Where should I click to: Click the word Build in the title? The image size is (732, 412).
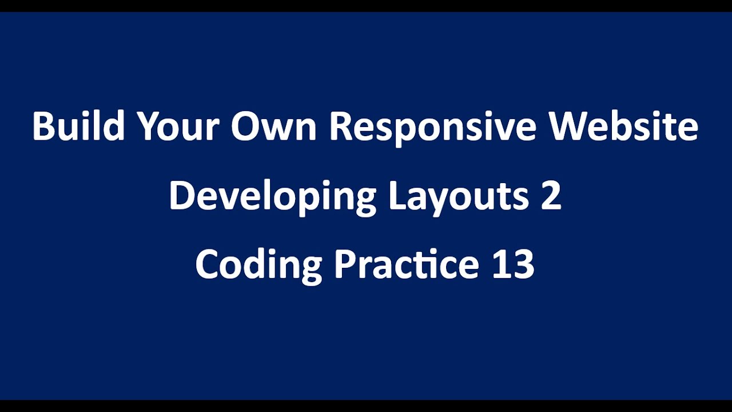(x=78, y=127)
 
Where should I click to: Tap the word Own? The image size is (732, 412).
(x=273, y=127)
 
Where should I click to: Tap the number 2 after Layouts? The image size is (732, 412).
(x=551, y=196)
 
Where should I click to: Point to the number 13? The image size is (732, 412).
(x=513, y=265)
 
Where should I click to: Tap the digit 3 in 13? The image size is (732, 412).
(x=523, y=265)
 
